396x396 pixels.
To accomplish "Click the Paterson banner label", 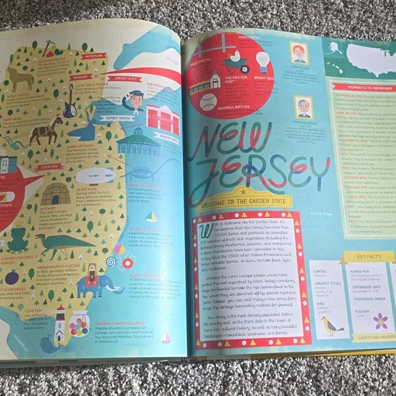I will coord(94,56).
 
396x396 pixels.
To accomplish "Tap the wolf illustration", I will coord(20,80).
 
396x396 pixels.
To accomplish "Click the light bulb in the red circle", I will coord(262,61).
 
